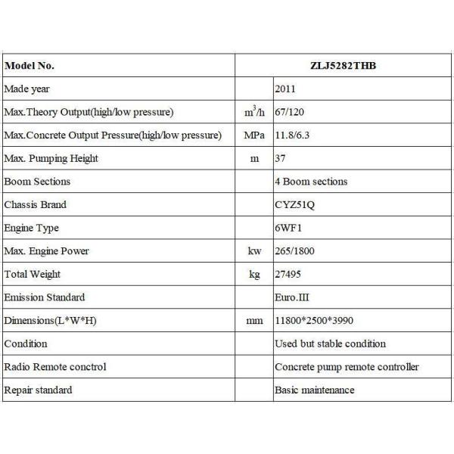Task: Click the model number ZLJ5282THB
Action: click(344, 66)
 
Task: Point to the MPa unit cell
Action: click(254, 135)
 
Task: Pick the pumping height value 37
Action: click(280, 159)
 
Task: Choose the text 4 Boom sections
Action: click(311, 182)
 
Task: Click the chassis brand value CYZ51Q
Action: click(296, 204)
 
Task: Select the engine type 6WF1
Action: click(288, 228)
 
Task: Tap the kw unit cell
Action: click(254, 251)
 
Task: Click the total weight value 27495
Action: click(290, 274)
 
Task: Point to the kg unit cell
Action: click(254, 275)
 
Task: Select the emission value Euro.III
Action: click(292, 297)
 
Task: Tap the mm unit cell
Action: click(254, 321)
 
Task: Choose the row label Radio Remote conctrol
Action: click(55, 367)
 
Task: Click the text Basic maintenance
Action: click(314, 390)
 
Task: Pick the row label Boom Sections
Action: click(37, 182)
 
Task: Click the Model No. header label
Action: click(30, 66)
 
